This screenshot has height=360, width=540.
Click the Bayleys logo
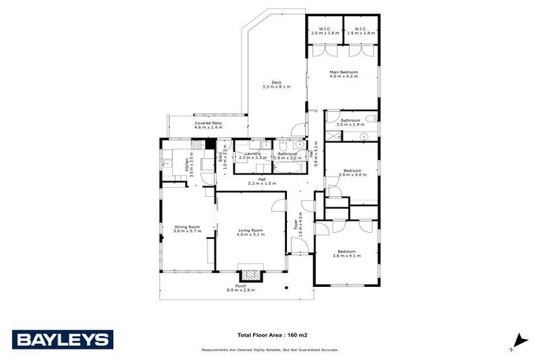(x=62, y=339)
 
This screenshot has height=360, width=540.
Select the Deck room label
(x=276, y=84)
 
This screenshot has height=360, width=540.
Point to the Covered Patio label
(x=207, y=125)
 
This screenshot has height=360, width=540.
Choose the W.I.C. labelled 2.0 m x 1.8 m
(x=324, y=31)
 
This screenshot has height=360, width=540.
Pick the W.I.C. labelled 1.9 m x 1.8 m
(x=361, y=31)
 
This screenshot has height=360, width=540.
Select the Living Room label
(x=250, y=232)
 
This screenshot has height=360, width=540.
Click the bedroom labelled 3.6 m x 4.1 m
(x=346, y=253)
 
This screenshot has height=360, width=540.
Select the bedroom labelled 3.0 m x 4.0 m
(x=352, y=173)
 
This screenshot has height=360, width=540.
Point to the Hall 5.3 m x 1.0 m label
(x=262, y=181)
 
